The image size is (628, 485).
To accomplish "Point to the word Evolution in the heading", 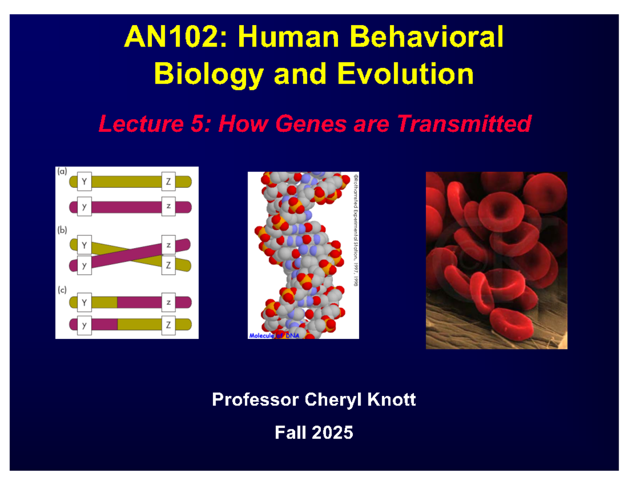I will point(405,75).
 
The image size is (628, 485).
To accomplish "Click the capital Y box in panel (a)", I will point(84,182).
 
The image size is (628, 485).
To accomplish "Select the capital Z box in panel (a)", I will point(169,182).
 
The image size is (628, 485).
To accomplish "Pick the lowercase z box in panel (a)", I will point(169,206).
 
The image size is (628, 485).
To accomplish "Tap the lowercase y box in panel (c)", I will point(84,325).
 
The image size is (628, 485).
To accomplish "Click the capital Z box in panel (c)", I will point(169,325).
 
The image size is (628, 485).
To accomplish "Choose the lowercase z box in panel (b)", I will point(169,245).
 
